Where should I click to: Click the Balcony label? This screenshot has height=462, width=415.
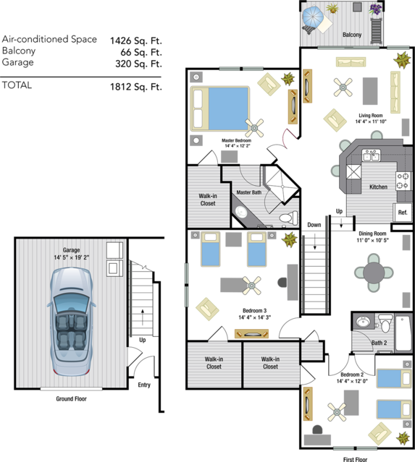click(352, 35)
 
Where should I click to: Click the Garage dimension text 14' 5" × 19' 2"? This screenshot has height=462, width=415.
click(71, 257)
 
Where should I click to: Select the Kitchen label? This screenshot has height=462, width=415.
click(378, 187)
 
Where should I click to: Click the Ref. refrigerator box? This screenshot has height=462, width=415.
click(403, 213)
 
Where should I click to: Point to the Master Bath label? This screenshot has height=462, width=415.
click(248, 192)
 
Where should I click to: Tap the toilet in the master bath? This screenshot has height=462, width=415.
click(288, 217)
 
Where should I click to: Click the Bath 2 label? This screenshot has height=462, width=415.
click(379, 343)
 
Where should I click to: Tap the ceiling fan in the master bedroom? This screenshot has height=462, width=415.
click(254, 128)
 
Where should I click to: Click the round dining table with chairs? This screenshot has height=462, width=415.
click(374, 273)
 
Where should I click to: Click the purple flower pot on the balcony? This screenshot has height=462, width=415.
click(375, 10)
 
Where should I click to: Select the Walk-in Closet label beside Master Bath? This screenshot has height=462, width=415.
click(208, 199)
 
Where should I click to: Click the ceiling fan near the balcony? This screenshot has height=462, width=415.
click(343, 88)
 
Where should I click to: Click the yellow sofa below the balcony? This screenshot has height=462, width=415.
click(351, 61)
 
